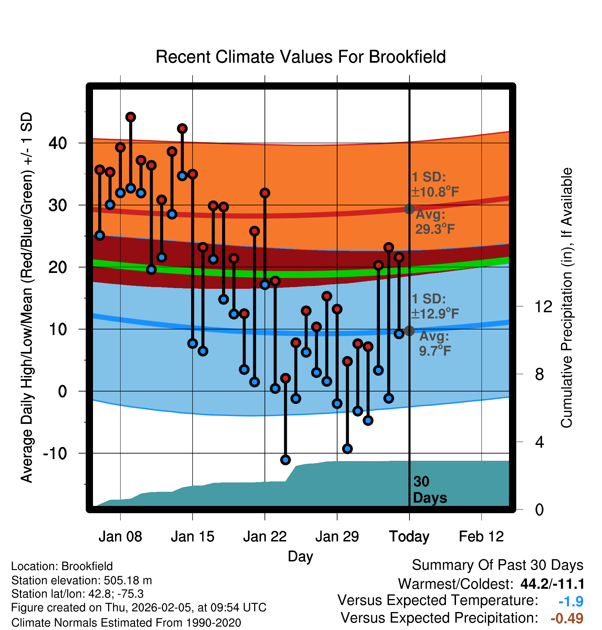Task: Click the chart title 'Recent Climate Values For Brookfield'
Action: point(301,57)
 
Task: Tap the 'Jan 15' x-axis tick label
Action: point(193,537)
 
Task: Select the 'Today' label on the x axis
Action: point(409,537)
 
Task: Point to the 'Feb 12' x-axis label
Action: point(481,537)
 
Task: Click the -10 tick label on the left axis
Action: point(55,453)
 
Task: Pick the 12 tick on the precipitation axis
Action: point(543,306)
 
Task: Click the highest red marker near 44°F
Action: point(131,117)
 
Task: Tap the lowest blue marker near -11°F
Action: point(286,460)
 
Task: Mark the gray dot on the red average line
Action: point(409,209)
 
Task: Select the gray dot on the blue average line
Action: point(409,331)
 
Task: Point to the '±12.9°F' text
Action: point(435,314)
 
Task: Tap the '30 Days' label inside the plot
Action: point(429,490)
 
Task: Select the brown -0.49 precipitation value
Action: point(567,618)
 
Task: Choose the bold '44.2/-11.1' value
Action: point(552,584)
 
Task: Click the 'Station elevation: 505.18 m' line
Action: point(82,581)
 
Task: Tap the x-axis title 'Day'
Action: point(300,556)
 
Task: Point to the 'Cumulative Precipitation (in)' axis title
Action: point(567,298)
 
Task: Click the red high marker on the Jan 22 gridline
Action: point(265,193)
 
